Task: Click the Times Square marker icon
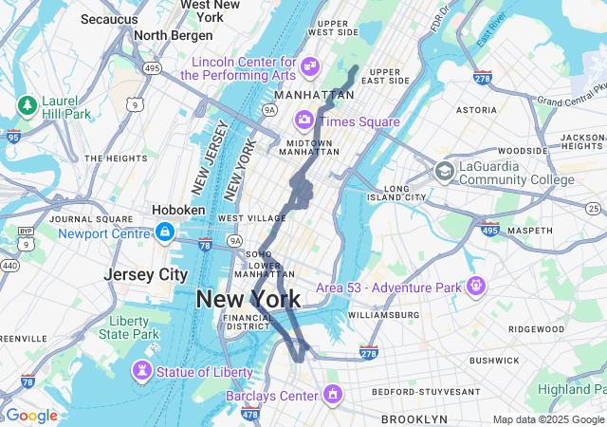(x=304, y=120)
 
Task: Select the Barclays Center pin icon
(x=332, y=393)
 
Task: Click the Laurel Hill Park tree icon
(x=27, y=102)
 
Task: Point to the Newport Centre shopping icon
(x=165, y=232)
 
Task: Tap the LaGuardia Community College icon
(x=443, y=172)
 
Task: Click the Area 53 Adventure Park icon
(x=474, y=285)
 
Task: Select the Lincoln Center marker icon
(x=310, y=65)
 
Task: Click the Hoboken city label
(x=178, y=210)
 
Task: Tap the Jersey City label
(x=146, y=274)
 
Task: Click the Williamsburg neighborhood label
(x=383, y=314)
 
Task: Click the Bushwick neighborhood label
(x=493, y=361)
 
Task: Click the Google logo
(x=31, y=416)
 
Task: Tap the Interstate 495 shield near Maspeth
(x=489, y=230)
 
